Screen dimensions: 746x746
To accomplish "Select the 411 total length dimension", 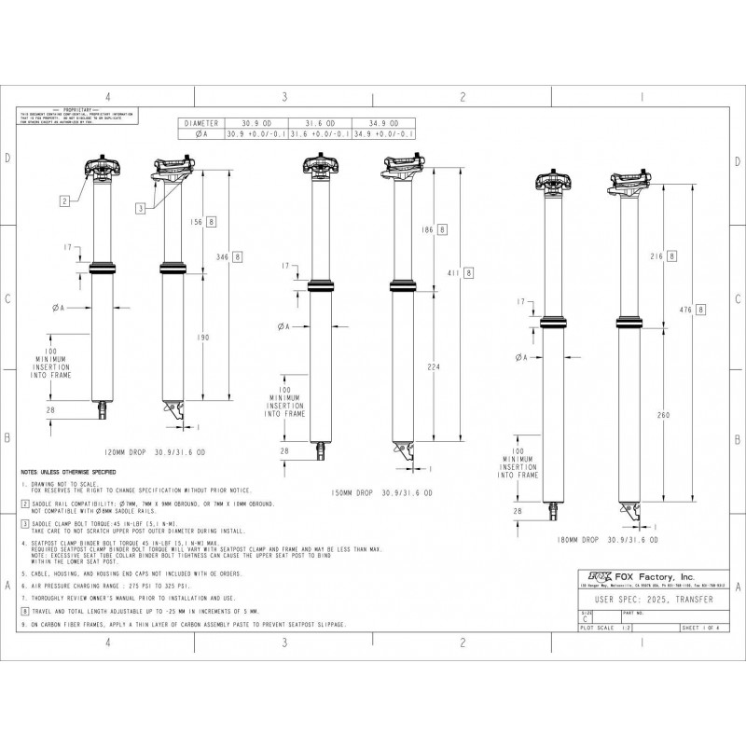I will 452,272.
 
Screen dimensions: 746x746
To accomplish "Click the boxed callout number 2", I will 65,200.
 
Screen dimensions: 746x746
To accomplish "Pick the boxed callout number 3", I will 140,209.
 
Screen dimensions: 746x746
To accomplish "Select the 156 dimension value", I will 197,221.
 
